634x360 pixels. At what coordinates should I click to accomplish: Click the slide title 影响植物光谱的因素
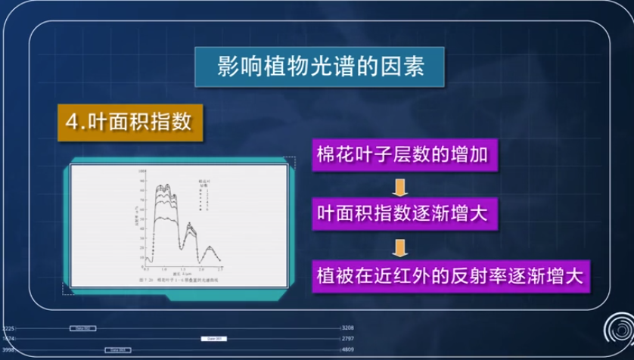point(316,67)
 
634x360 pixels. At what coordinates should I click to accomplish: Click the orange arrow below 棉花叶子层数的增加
point(402,185)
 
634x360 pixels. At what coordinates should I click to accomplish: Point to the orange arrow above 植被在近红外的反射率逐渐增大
point(402,244)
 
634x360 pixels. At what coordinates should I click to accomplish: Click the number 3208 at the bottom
point(348,328)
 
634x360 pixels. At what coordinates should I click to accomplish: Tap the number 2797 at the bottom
point(348,339)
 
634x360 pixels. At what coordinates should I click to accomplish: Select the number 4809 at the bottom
point(348,350)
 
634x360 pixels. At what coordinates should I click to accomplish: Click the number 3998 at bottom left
point(8,350)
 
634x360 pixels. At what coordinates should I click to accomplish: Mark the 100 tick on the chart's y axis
point(141,173)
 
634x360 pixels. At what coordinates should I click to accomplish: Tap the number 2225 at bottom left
point(8,328)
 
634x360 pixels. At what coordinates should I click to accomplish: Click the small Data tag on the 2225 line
point(82,328)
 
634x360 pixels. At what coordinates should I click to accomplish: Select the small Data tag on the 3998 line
point(117,350)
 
